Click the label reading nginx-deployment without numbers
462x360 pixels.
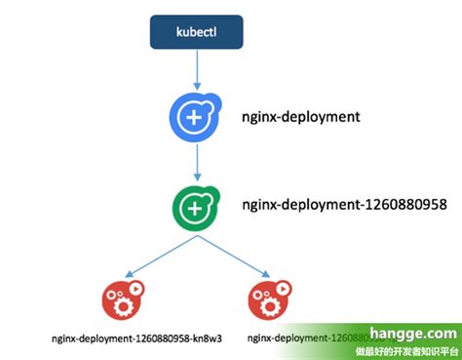(x=300, y=116)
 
